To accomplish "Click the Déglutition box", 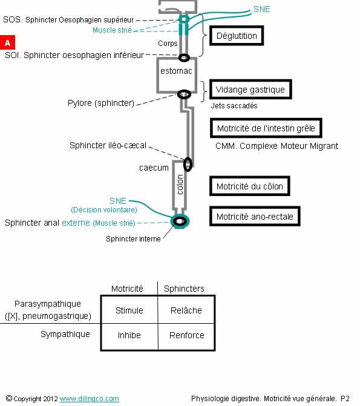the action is [x=237, y=36].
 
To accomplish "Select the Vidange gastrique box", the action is [x=250, y=90].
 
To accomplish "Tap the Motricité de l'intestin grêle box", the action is [x=266, y=128].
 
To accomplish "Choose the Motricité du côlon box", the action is [x=250, y=186].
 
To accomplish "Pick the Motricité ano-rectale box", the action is [x=255, y=216].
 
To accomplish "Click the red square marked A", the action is [x=7, y=42].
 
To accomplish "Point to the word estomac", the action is [x=176, y=71].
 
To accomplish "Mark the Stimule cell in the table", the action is [x=129, y=310].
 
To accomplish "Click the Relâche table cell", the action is [x=186, y=310].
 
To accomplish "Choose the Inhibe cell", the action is [x=129, y=335].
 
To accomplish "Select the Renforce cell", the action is [x=187, y=335].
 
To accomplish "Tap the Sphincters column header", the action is [x=184, y=289].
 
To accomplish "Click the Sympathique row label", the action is [x=65, y=334].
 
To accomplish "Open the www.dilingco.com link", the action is [x=90, y=399].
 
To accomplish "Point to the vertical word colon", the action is [x=180, y=185].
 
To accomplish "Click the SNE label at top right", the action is [x=262, y=9].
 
